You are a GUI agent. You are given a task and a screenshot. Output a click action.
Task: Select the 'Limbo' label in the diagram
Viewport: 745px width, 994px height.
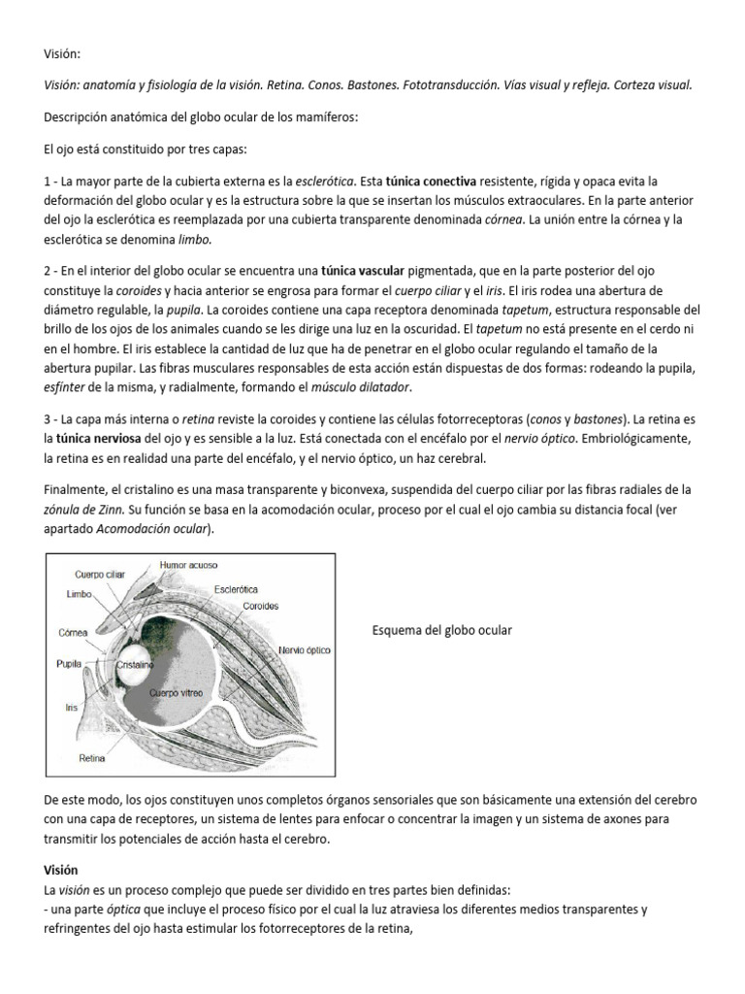(79, 592)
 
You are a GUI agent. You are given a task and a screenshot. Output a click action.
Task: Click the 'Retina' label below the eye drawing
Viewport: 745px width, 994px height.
(92, 760)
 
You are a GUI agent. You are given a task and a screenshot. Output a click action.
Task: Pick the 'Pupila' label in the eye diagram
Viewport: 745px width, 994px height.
(69, 665)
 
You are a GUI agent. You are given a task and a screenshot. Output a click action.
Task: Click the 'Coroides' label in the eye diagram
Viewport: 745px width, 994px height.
(260, 606)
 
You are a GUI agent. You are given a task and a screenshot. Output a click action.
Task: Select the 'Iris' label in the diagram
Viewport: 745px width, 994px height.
(71, 708)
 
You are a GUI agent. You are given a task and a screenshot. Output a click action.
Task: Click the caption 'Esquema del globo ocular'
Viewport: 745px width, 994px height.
(441, 631)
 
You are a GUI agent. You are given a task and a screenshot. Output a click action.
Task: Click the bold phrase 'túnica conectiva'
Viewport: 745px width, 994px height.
(431, 181)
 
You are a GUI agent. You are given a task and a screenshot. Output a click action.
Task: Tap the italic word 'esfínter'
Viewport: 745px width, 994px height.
(68, 386)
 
